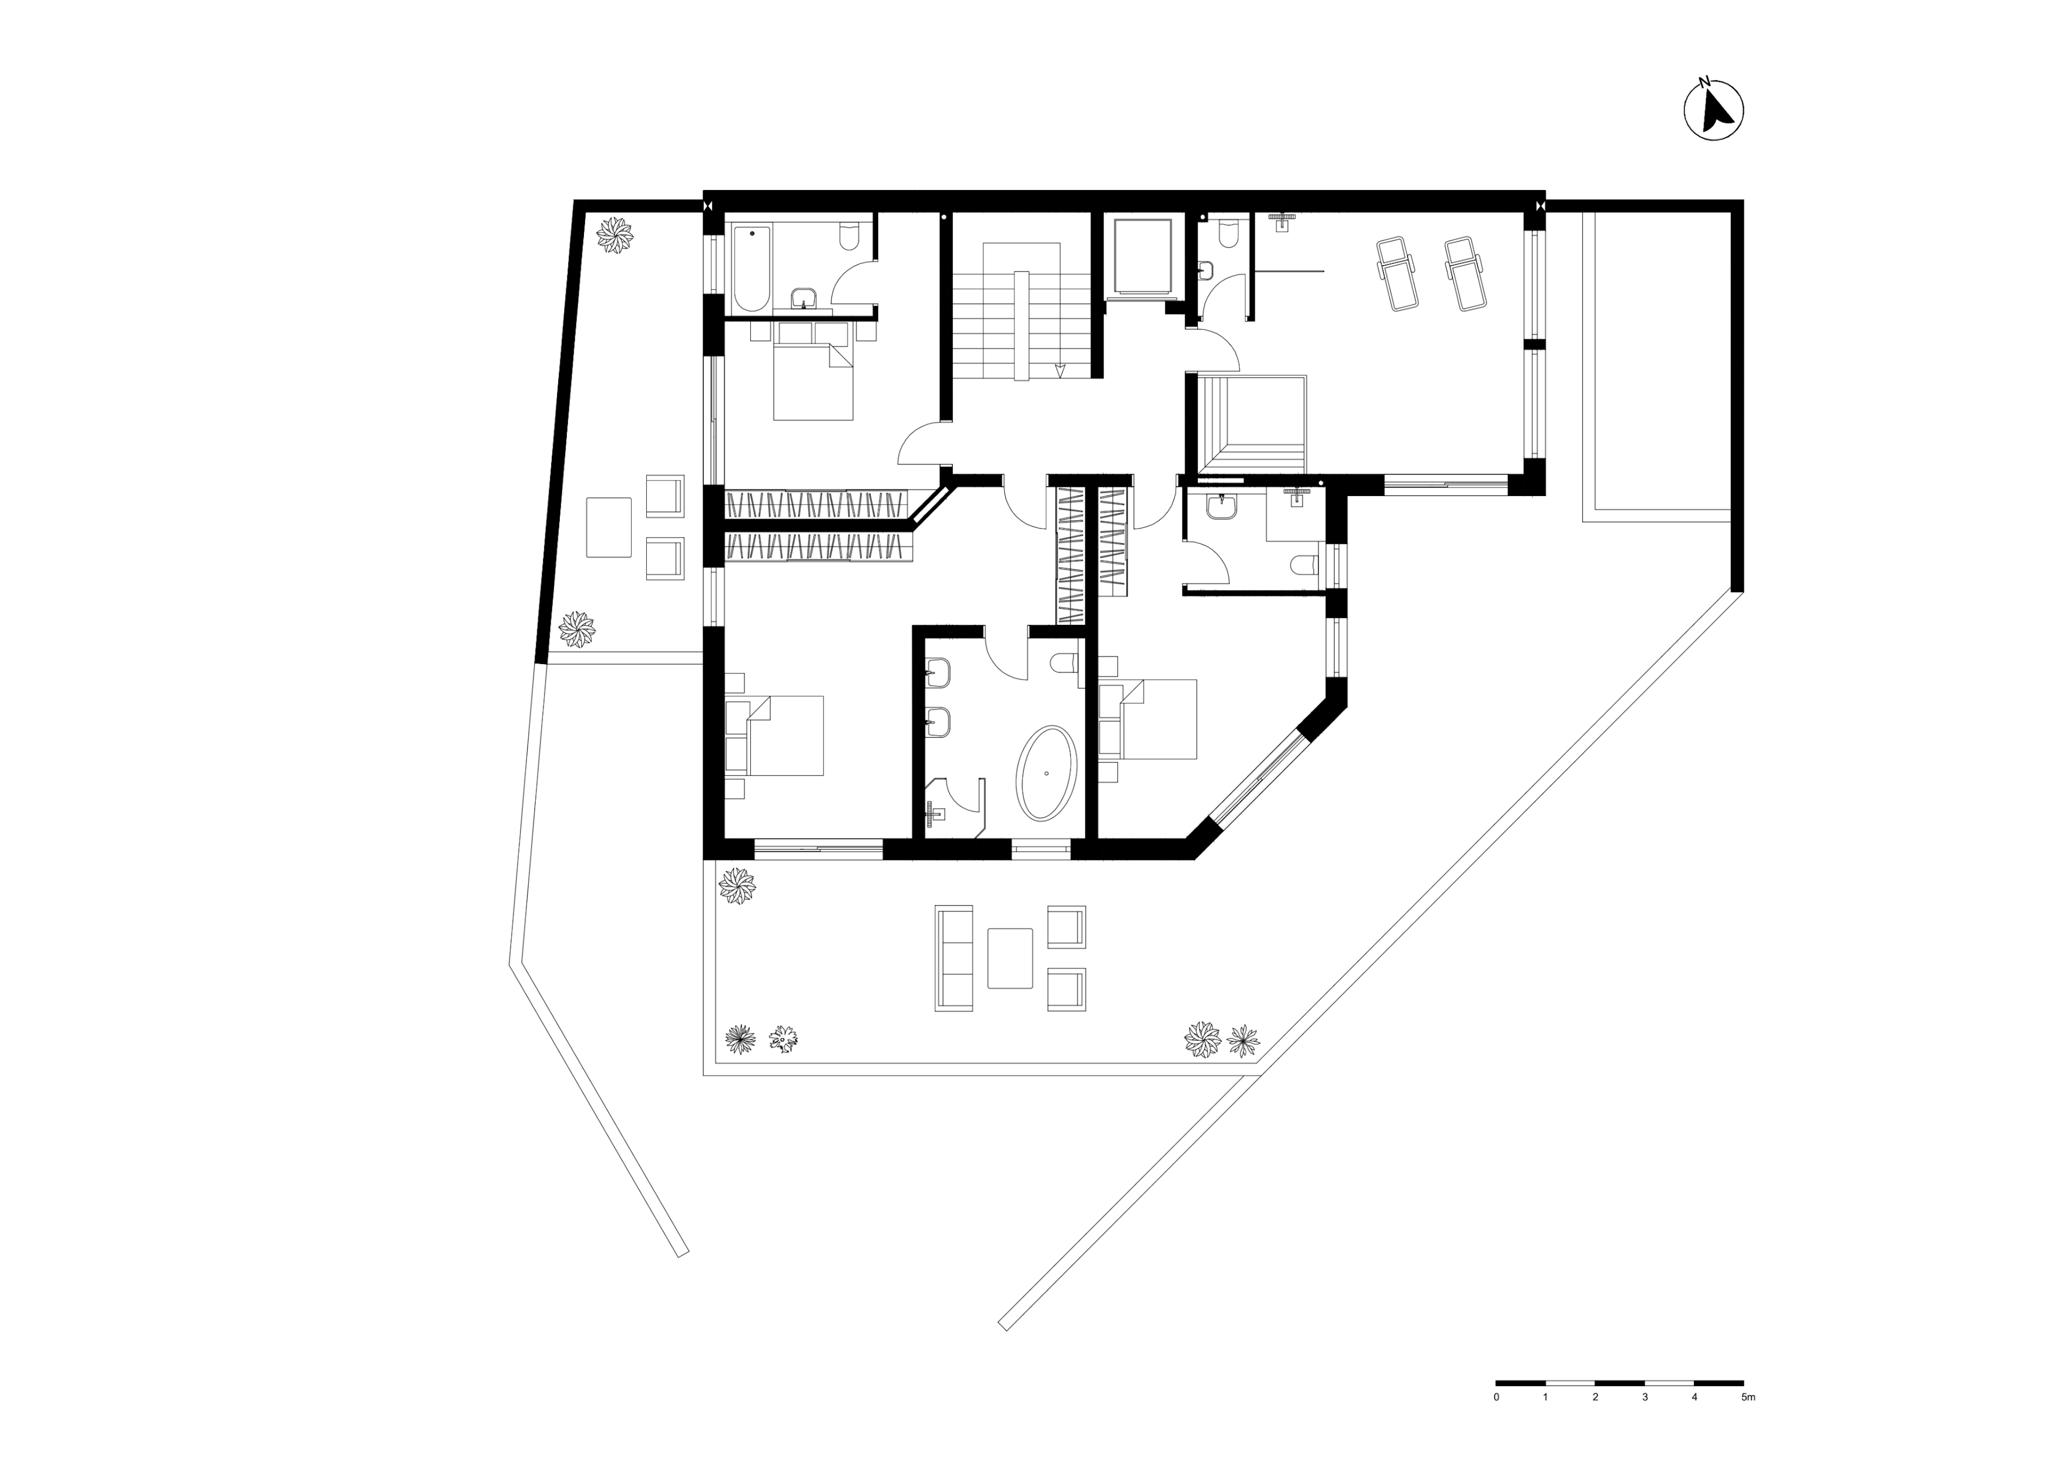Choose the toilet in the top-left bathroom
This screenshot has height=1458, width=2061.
(x=849, y=236)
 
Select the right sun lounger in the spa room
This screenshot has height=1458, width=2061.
(x=1462, y=273)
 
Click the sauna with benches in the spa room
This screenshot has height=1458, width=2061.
(x=1252, y=424)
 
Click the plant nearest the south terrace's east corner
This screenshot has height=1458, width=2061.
(x=1243, y=1040)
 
